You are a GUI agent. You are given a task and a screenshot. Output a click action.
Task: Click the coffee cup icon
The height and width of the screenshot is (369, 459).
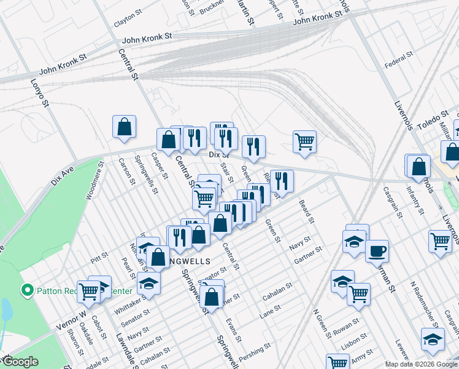point(377,250)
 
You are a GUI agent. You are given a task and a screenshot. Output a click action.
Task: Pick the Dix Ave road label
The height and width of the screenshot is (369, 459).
point(63,175)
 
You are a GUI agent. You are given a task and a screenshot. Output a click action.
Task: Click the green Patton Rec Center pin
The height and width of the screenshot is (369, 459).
point(26,289)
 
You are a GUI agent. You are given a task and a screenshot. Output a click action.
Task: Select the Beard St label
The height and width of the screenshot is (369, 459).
point(306,211)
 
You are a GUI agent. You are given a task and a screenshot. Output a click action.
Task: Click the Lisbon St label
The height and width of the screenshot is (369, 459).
point(354,342)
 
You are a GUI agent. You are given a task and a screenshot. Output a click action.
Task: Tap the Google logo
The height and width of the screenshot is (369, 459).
point(21,362)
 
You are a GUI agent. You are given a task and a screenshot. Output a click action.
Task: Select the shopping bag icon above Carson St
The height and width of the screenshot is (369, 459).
point(124,127)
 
